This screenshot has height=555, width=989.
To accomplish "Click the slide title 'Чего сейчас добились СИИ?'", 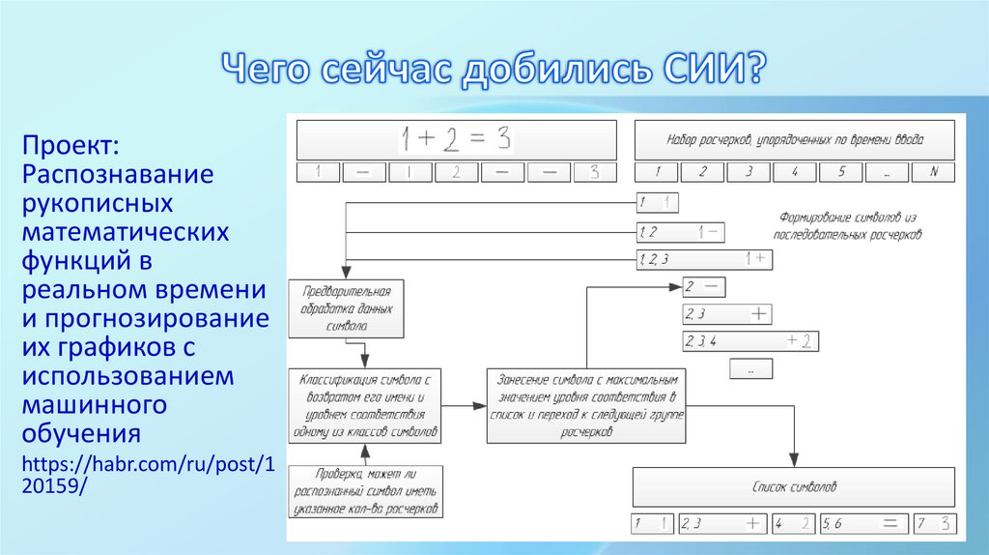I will coord(494,70).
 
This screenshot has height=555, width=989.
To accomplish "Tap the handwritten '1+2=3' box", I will coord(456,139).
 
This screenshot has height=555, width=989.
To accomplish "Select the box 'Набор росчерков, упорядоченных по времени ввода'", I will coord(794,139).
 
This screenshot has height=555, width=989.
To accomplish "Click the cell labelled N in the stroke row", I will coord(932,172).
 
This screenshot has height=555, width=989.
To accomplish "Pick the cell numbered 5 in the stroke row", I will coord(842,172).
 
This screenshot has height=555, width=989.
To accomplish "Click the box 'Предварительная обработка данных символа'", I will coord(346,308).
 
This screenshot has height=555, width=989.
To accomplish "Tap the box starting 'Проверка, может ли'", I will coord(366,491).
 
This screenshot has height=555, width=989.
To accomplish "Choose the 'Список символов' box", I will coord(794,487).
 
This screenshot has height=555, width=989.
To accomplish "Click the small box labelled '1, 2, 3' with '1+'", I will coord(702,258).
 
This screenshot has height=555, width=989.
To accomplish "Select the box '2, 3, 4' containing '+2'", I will coord(750,340).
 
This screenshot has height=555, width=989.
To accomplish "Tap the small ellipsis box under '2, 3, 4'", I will coord(751,369).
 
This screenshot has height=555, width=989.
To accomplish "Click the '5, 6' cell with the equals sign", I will coord(864,524).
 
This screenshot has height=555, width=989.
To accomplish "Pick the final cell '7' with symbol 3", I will coord(937,524).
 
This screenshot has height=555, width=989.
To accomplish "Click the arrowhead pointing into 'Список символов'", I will coord(794,463).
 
